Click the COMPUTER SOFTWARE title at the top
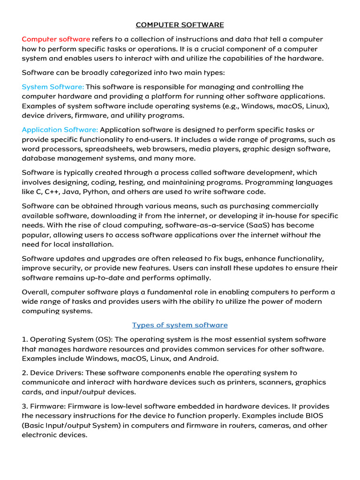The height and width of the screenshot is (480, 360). pos(180,25)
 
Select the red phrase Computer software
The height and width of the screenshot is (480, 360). pos(56,39)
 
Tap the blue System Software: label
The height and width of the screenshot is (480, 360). pos(53,87)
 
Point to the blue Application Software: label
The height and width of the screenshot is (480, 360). pos(60,129)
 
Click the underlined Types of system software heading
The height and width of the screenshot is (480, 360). pos(180,325)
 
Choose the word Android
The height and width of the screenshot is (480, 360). pos(203,359)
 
